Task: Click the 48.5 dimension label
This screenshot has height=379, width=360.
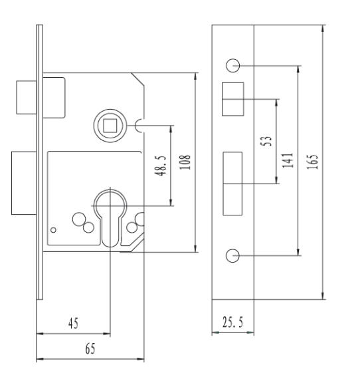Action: coord(160,166)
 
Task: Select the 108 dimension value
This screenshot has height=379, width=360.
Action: coord(185,162)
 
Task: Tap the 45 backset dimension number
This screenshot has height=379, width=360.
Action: coord(74,323)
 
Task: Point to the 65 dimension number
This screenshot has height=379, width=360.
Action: coord(90,348)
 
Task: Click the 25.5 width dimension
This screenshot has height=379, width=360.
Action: coord(232,322)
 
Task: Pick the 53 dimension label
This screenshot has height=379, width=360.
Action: coord(266,141)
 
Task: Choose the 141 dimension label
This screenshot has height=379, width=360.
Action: coord(288,160)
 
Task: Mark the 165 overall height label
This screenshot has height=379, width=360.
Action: coord(312,162)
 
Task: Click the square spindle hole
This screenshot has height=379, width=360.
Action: coord(110,126)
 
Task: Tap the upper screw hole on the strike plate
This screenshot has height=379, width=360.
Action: coord(232,66)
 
